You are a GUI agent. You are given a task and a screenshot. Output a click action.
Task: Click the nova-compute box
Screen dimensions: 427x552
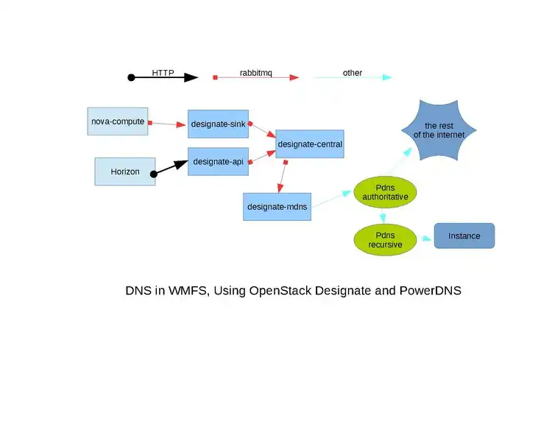pos(118,121)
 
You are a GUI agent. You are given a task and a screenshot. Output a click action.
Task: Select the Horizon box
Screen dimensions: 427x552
pos(125,172)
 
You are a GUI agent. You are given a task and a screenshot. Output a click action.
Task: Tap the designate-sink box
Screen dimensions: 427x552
pos(218,124)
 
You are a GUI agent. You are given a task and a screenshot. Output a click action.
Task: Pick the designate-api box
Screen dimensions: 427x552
pos(218,161)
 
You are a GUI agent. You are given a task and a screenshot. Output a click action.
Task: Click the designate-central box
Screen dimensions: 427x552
pos(310,144)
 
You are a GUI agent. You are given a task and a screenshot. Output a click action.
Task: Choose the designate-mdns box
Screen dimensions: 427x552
pos(277,207)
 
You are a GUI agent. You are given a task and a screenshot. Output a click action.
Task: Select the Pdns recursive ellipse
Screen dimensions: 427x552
pos(385,239)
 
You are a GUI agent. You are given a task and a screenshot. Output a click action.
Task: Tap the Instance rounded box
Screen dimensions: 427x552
pos(464,236)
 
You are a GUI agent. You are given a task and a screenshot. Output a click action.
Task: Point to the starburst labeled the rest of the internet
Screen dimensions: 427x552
pos(439,130)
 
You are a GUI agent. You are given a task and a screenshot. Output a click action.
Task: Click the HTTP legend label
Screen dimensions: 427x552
pos(163,73)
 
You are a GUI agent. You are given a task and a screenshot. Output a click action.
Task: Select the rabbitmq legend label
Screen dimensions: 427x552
pos(256,73)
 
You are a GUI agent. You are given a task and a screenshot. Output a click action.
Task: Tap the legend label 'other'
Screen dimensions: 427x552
pos(353,73)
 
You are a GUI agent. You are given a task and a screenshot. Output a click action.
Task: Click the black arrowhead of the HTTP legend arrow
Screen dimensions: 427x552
pos(191,77)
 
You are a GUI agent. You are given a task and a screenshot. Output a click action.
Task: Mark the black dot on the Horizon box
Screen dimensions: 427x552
pos(154,174)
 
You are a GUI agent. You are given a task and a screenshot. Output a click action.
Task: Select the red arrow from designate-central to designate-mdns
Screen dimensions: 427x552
pos(282,176)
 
